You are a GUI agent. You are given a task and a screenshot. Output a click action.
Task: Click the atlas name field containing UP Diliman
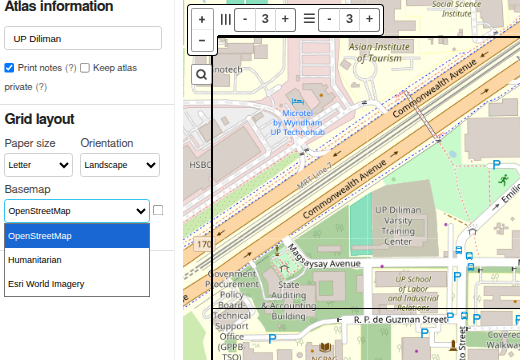[82, 38]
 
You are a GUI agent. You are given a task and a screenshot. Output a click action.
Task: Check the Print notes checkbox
[9, 68]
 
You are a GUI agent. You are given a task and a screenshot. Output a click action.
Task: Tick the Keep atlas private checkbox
[85, 68]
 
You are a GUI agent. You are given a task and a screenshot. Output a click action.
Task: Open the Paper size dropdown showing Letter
[38, 165]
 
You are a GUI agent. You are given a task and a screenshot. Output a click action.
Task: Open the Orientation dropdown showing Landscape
[119, 165]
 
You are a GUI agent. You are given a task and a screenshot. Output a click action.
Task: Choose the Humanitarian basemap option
[35, 260]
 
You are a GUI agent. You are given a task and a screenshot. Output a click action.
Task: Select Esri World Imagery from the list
[46, 284]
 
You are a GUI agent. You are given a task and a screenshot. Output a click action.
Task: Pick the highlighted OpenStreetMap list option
[40, 236]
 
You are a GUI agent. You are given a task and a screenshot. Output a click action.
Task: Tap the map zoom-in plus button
[202, 19]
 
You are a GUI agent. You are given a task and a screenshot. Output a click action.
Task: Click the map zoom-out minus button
[202, 41]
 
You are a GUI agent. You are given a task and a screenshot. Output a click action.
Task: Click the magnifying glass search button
[201, 74]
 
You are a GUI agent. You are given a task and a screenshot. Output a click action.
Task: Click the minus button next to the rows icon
[329, 19]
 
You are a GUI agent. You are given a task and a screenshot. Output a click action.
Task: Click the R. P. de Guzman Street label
[400, 320]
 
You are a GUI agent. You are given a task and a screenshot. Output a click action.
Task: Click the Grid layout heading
[39, 119]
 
